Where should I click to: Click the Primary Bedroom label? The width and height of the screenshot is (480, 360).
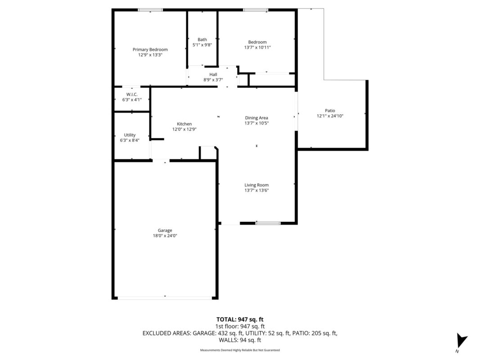click(150, 49)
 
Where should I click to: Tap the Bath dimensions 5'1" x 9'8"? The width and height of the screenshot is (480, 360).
click(202, 45)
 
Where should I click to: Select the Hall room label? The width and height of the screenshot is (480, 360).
click(213, 74)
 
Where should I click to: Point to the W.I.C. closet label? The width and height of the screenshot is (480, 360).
click(132, 94)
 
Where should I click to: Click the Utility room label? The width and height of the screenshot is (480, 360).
click(130, 135)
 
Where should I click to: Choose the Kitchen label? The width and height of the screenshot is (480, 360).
click(184, 124)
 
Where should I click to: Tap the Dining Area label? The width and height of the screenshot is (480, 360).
click(256, 118)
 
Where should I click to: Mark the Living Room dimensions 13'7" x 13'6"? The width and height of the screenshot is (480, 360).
click(256, 190)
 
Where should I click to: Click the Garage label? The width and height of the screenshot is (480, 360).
click(165, 230)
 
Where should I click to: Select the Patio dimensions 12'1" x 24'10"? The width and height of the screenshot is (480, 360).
click(330, 116)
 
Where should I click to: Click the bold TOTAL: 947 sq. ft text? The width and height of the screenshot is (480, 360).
click(240, 319)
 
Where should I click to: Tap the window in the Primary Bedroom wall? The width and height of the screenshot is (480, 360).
click(150, 10)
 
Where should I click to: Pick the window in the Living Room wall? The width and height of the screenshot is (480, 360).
click(268, 223)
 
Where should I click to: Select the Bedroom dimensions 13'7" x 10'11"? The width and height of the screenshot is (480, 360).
click(257, 47)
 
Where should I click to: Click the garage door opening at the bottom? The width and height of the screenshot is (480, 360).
click(165, 297)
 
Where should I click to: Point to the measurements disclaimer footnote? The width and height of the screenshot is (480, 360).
click(240, 350)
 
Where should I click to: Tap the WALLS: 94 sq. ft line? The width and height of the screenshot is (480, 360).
click(240, 340)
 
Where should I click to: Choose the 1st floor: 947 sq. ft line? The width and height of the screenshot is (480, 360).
click(240, 327)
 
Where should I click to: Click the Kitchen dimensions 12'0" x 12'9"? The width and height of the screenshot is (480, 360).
click(184, 130)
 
